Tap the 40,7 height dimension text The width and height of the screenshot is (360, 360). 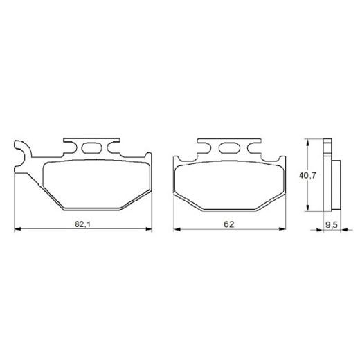click(x=308, y=177)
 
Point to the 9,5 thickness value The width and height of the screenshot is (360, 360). click(x=331, y=224)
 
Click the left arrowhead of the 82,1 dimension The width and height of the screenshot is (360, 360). click(x=17, y=228)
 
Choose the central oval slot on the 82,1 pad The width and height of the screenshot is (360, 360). click(x=91, y=146)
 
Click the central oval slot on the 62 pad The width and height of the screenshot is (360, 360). click(x=229, y=146)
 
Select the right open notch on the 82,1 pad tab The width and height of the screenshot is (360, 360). click(x=113, y=147)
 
